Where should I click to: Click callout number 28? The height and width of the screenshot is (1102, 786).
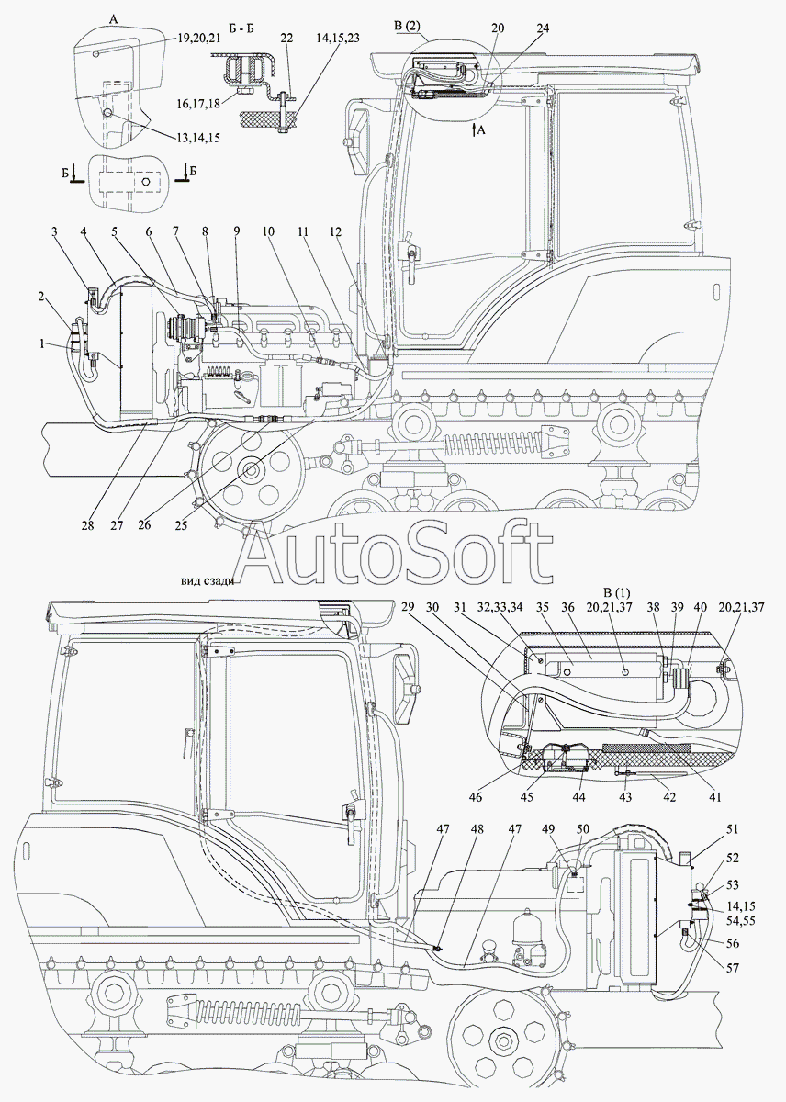point(87,526)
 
